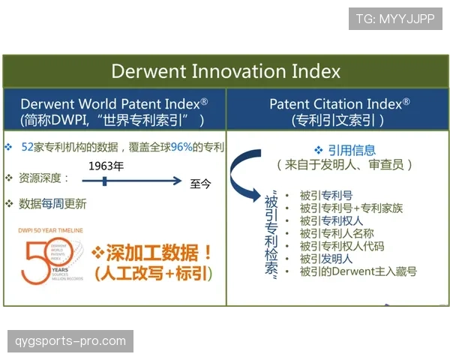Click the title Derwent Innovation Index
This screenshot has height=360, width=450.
tap(226, 71)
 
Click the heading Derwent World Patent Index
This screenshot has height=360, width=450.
tap(114, 103)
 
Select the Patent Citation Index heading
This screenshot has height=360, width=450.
tap(339, 103)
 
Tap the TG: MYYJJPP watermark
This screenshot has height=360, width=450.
tap(394, 19)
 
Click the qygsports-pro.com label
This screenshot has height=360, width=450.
tap(71, 341)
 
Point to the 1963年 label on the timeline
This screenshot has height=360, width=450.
tap(106, 166)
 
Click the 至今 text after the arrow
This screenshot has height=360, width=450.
tap(201, 182)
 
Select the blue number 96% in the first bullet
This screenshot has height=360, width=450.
tap(181, 147)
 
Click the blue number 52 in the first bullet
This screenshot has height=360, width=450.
tap(29, 147)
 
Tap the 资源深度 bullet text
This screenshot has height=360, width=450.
tap(43, 178)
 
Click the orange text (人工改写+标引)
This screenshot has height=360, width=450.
tap(152, 274)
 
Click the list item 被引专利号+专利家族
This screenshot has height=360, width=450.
tap(351, 208)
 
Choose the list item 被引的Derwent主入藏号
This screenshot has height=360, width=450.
tap(358, 271)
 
